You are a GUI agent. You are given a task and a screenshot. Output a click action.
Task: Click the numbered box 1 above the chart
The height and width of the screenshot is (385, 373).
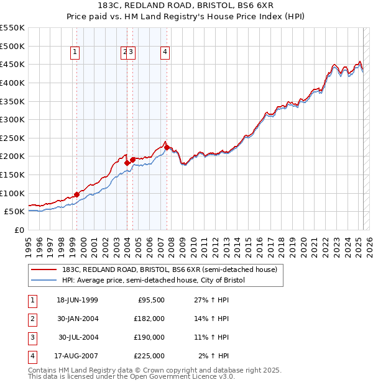point(75,53)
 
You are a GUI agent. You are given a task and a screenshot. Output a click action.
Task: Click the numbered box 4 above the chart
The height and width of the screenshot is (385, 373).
point(165,53)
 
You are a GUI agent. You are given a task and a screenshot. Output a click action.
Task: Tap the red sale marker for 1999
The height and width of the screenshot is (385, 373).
point(77,194)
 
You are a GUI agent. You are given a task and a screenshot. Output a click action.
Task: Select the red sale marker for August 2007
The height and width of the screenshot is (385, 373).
point(167,147)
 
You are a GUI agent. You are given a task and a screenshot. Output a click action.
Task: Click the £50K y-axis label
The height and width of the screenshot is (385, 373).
point(15,212)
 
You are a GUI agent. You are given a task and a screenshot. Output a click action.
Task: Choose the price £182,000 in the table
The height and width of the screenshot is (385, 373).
point(149,319)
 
